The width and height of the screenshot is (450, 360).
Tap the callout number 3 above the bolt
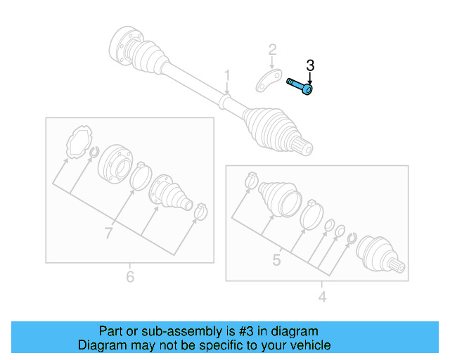click(x=310, y=65)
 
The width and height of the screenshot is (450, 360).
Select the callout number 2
click(x=272, y=50)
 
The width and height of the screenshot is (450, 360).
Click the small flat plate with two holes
click(x=268, y=82)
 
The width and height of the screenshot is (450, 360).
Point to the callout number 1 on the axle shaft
click(x=227, y=75)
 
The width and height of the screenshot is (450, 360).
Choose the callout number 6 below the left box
click(x=129, y=277)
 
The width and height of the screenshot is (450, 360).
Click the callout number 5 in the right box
click(x=276, y=260)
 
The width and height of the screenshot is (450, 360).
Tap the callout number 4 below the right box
click(x=322, y=297)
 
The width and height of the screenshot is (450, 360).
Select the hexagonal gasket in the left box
click(x=79, y=142)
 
